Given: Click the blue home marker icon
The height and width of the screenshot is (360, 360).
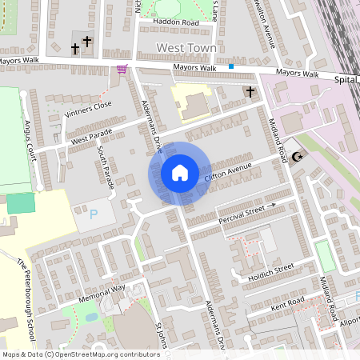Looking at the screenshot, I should point(180,172).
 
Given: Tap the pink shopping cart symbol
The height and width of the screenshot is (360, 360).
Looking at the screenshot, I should point(122,69).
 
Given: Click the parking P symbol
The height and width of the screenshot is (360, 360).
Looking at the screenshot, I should point(94,214).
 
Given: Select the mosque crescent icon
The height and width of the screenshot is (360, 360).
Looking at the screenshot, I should point(299,157).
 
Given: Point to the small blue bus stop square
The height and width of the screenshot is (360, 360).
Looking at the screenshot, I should point(231,66).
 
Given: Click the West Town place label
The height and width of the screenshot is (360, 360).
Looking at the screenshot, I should point(186,48).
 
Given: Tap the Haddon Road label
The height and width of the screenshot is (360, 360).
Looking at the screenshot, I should point(177,23).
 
